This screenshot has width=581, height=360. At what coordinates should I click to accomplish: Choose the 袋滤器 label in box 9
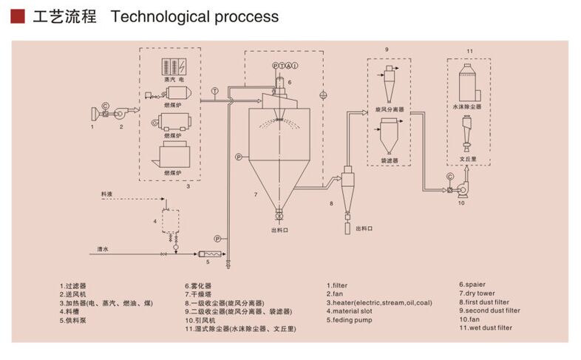390,160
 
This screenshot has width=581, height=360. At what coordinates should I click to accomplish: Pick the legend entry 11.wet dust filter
485,327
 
